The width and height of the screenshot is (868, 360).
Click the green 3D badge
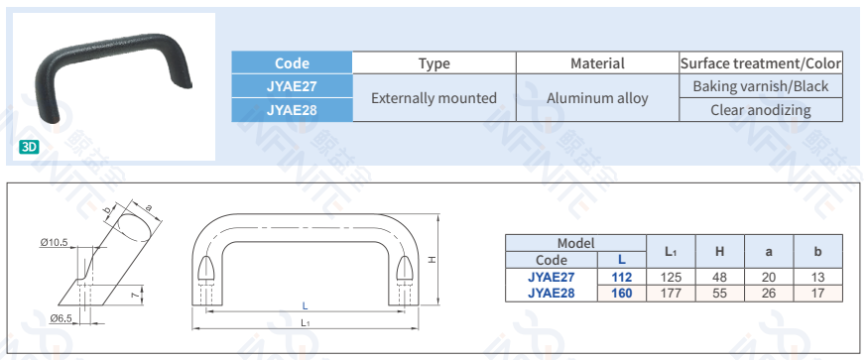pos(29,147)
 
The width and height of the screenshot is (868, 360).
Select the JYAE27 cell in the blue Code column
pos(292,86)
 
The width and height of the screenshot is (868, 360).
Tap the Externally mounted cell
pos(434,98)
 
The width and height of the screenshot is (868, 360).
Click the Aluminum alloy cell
pos(597,98)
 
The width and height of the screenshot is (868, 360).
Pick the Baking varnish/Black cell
pos(761,86)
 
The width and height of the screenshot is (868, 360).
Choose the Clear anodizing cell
pos(761,110)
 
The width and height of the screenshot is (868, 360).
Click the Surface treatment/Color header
pos(761,63)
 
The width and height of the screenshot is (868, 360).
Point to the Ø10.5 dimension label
pos(54,242)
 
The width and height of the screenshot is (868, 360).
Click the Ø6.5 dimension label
pos(61,318)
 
